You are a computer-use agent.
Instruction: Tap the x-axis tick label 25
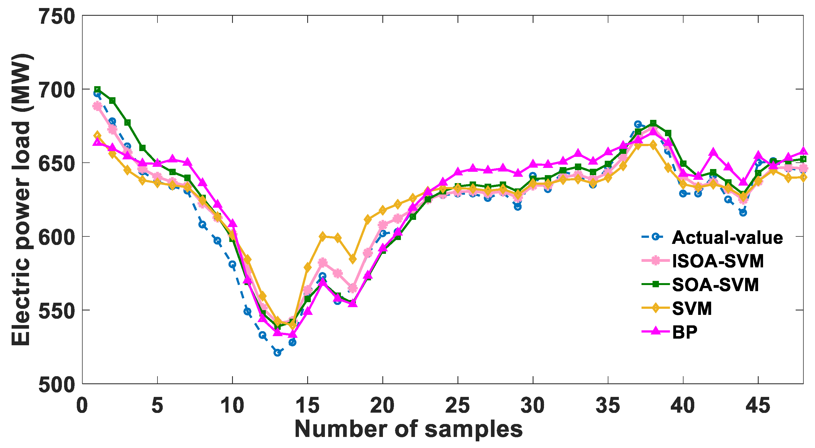coord(458,406)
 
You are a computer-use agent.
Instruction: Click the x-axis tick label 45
coord(758,406)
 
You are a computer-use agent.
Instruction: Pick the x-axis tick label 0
coord(82,406)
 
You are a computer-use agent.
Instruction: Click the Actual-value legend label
coord(727,238)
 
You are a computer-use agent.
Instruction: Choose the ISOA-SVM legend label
coord(718,261)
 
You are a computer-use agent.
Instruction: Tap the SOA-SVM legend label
coord(715,285)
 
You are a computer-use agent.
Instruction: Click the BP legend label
coord(685,332)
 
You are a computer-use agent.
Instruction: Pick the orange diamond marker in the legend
coord(656,308)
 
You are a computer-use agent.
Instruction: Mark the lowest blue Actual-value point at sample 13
coord(277,352)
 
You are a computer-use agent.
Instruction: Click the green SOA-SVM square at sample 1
coord(98,89)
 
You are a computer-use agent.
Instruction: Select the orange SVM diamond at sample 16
coord(322,236)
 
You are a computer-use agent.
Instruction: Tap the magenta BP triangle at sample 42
coord(713,152)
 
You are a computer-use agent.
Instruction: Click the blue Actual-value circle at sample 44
coord(743,213)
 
